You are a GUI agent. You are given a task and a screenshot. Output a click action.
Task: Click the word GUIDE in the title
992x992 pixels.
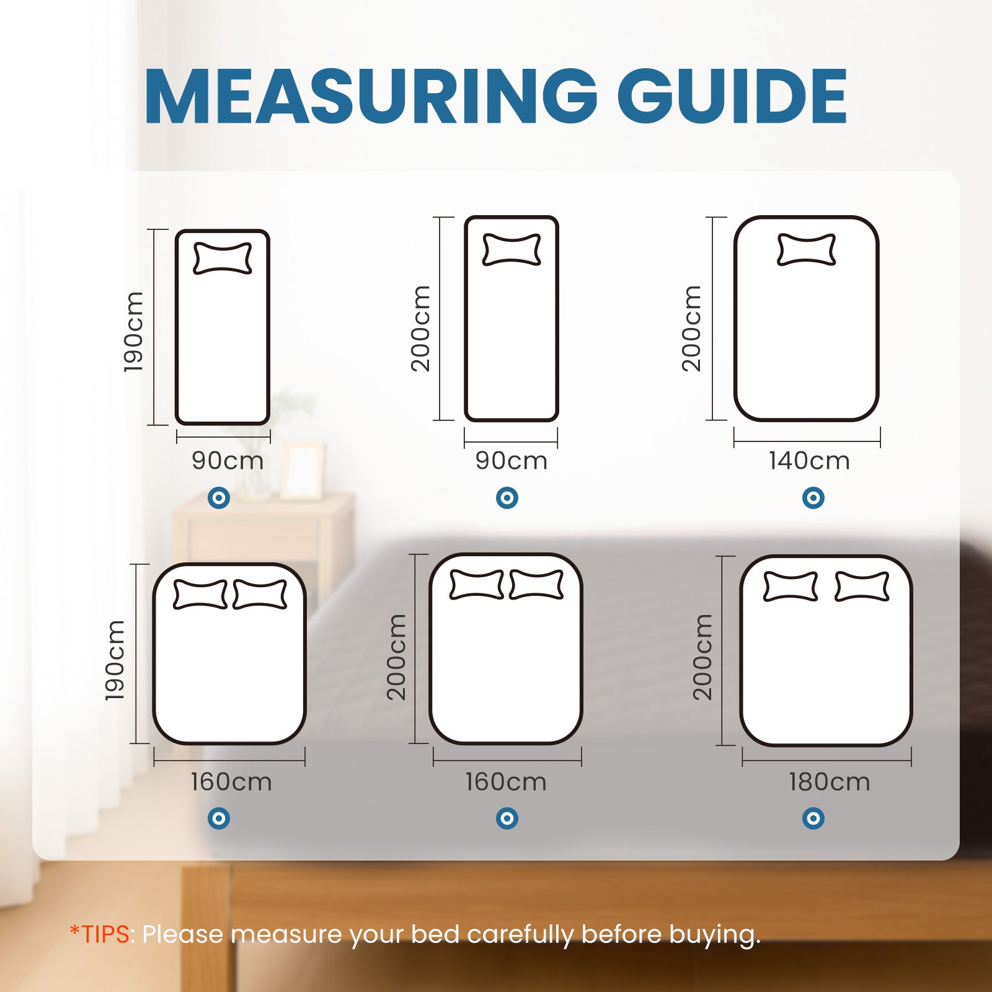click(732, 97)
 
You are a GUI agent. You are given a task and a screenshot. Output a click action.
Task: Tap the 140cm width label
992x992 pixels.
click(809, 461)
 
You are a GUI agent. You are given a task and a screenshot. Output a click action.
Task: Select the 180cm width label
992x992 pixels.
click(829, 782)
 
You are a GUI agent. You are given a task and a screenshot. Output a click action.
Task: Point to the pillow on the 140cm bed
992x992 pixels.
click(806, 249)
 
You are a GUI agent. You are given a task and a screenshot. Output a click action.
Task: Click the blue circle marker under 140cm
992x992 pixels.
click(813, 497)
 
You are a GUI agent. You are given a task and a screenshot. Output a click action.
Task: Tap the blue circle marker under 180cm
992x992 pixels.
click(813, 818)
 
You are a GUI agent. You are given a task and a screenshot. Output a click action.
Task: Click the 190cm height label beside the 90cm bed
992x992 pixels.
click(133, 332)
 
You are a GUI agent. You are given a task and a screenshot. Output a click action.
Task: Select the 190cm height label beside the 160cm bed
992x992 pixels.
click(115, 660)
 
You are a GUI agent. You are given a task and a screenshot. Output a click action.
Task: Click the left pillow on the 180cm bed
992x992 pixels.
click(790, 587)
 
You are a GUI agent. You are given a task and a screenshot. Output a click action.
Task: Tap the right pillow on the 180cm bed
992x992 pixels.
click(862, 587)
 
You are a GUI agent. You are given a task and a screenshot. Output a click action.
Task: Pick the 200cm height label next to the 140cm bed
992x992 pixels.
click(691, 328)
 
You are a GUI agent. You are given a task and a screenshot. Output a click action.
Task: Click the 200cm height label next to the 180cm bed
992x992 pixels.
click(702, 657)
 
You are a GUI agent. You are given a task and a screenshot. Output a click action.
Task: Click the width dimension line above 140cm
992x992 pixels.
click(807, 442)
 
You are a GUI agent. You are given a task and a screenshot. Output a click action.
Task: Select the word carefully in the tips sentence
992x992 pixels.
click(520, 934)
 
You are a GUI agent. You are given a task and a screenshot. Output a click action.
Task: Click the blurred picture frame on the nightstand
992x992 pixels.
click(302, 471)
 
